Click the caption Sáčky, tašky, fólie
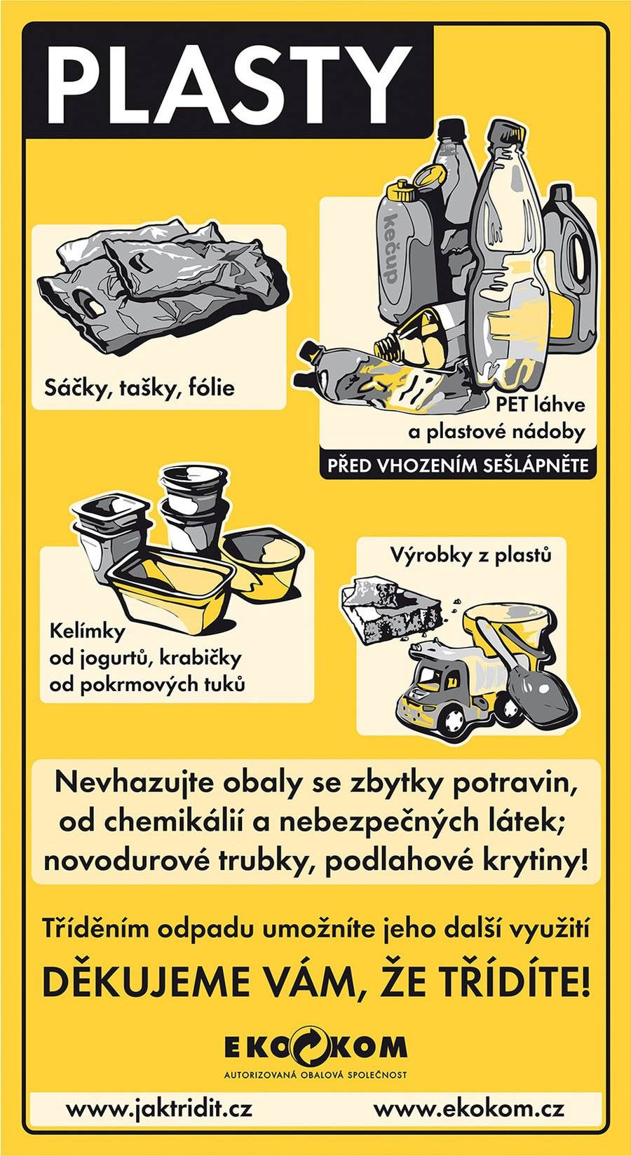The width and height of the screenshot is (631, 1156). click(139, 387)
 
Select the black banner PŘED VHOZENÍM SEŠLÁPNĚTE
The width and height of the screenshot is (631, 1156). click(457, 465)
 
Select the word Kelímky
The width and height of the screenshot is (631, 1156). click(88, 631)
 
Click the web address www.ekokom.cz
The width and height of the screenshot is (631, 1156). click(468, 1109)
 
